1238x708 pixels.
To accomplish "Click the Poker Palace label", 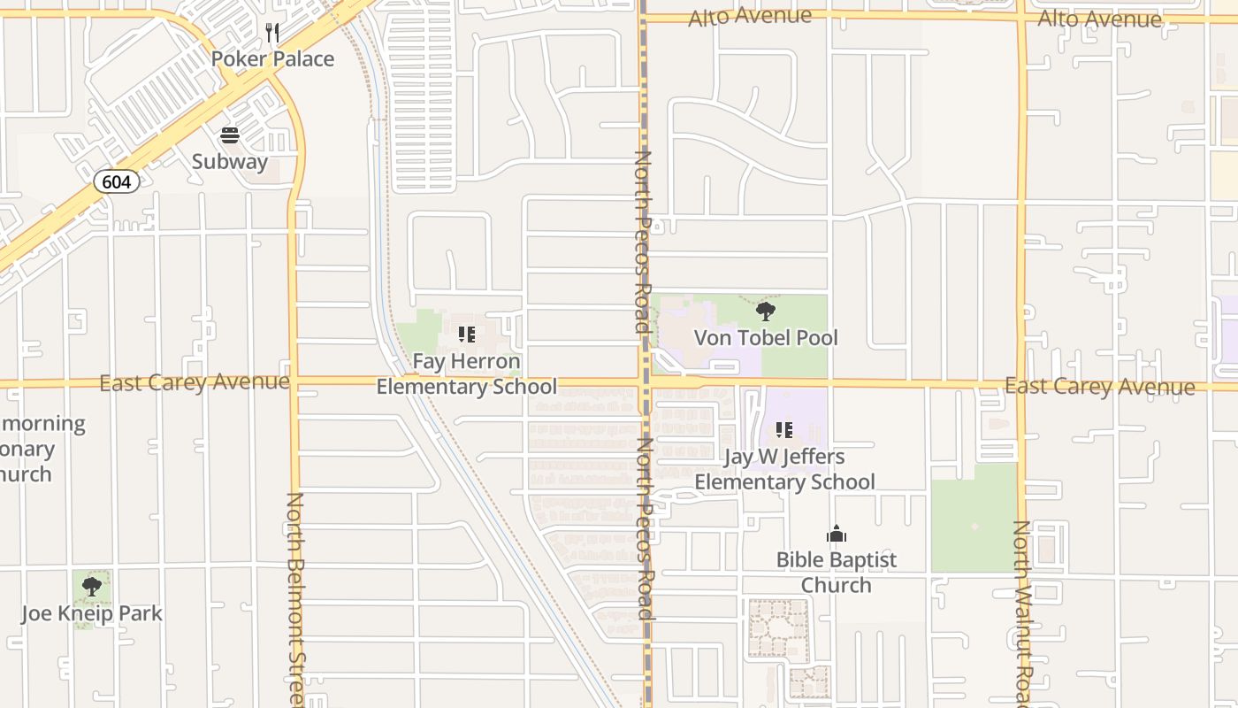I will coord(272,59).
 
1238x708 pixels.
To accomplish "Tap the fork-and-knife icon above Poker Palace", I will coord(272,34).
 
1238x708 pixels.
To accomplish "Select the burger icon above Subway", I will coord(230,135).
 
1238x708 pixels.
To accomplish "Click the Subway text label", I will coord(230,161).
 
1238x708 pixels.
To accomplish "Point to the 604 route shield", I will coord(116,182).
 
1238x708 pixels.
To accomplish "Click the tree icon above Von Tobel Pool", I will coord(766,312).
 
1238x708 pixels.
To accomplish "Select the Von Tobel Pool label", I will coord(766,337).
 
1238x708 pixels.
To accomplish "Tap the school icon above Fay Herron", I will coord(467,335).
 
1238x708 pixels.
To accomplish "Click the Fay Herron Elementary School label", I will coord(467,374).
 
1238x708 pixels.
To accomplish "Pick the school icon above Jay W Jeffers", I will coord(784,431).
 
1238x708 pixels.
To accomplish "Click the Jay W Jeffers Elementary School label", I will coord(784,470).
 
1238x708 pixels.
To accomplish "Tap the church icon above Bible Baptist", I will coord(837,534).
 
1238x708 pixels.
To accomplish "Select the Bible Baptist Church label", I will coord(837,573).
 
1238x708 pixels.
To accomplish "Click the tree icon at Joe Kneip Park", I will coord(92,587).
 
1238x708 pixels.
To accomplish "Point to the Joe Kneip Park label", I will coord(92,613).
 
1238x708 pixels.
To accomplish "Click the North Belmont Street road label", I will coord(295,600).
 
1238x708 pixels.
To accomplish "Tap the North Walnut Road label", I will coord(1023,612).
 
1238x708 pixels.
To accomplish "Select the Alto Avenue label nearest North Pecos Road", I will coord(750,16).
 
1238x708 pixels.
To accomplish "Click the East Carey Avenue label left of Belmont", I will coord(195,382).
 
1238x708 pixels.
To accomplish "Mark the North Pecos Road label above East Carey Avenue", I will coord(643,242).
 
